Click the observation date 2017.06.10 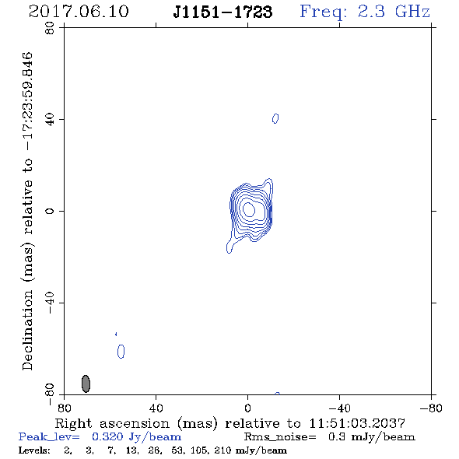(x=79, y=12)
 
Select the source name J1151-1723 (x=222, y=12)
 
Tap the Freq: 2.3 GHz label (x=365, y=12)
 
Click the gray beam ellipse (x=86, y=384)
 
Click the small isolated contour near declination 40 (x=275, y=118)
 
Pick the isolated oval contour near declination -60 (x=121, y=352)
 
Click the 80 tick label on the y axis (x=50, y=28)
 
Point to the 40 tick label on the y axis (x=50, y=120)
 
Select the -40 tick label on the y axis (x=50, y=303)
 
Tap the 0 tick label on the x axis (x=247, y=408)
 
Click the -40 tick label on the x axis (x=339, y=408)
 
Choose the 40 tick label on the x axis (x=156, y=408)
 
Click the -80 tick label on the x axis (x=431, y=408)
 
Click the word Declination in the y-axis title (x=27, y=330)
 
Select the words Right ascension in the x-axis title (x=112, y=423)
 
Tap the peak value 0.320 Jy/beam (x=136, y=437)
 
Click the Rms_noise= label (x=280, y=437)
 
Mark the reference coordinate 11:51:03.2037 (x=357, y=423)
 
